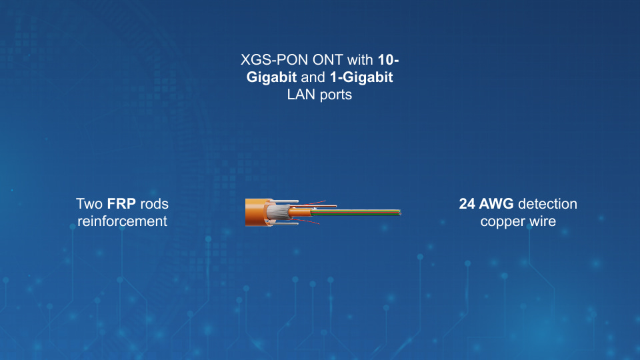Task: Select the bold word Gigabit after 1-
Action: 368,77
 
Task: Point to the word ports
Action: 335,95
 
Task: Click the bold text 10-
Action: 388,60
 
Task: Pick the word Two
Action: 89,204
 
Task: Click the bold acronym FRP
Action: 121,204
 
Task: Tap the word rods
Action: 154,204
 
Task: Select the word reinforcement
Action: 123,221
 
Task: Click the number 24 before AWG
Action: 467,204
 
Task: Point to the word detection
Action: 547,204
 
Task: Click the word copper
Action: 503,221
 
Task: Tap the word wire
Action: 543,221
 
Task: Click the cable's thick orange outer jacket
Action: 255,212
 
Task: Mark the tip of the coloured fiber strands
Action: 401,213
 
